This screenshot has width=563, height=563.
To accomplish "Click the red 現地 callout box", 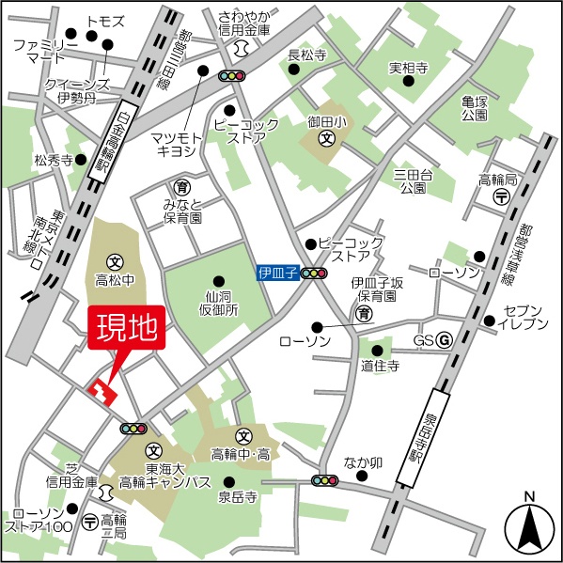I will (x=127, y=329).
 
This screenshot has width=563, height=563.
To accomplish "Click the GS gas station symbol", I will (x=445, y=340).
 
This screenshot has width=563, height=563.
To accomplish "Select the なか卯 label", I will (x=362, y=462).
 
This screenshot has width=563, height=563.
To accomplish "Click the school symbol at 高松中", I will (x=116, y=261).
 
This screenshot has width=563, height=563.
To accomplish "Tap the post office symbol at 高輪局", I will (x=502, y=196).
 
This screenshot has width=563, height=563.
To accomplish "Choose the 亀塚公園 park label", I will (x=475, y=106).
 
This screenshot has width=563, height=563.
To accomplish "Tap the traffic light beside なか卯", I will (x=324, y=480).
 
